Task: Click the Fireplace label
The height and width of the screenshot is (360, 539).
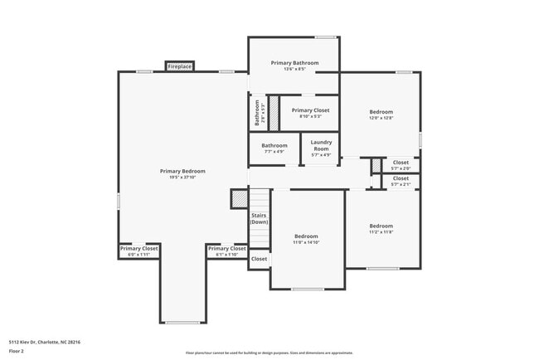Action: pos(180,66)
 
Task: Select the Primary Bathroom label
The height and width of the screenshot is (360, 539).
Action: pos(294,62)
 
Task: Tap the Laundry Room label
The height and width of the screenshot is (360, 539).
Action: pos(321,145)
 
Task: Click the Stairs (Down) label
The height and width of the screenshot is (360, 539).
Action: pos(260,218)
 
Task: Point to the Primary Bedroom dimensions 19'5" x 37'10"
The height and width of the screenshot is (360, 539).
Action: pos(182,178)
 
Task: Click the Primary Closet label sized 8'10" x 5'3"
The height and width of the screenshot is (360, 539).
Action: pos(310,110)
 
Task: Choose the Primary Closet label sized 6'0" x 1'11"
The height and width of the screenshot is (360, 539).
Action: pos(139,248)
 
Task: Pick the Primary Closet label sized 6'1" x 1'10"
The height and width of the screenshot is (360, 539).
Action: pos(227,248)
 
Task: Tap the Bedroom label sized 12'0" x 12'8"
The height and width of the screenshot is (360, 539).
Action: pos(381,112)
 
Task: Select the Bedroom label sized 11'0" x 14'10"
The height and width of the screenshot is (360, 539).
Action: pos(306,236)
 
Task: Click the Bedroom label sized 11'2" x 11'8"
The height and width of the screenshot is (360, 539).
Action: pos(381,226)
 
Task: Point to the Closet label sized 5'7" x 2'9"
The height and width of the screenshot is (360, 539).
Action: pos(401,163)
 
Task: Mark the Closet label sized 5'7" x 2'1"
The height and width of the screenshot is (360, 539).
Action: pos(401,178)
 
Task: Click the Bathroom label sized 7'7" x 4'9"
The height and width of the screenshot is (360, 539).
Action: pos(274,145)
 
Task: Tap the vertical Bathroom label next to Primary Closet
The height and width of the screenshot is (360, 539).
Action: pos(257,113)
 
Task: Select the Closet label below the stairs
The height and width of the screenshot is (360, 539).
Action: pos(260,259)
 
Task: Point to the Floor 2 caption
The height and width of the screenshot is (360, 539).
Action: pos(17,351)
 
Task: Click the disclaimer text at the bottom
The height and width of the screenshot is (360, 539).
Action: pos(269,353)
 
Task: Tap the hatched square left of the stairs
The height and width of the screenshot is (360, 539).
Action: pos(239,199)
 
